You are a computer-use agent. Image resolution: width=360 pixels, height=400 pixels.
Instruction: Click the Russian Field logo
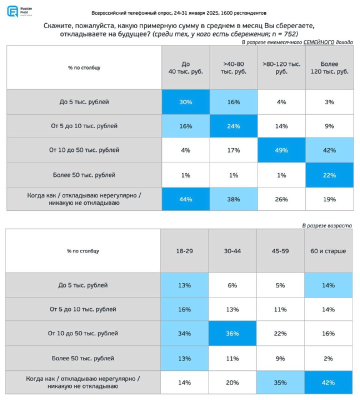pos(19,11)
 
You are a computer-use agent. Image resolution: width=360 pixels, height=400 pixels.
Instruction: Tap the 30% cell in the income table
pos(185,102)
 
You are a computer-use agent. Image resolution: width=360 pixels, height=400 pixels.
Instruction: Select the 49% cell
pos(281,150)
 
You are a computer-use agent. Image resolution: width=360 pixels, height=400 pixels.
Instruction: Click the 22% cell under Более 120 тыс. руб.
pos(329,175)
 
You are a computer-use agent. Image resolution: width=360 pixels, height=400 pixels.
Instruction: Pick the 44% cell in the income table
pos(185,199)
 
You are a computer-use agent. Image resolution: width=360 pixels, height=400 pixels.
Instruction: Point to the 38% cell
pos(233,199)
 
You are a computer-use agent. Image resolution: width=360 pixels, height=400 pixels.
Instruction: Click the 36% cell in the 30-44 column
pos(232,333)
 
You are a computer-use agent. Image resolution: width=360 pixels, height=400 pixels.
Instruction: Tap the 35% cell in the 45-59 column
pos(280,382)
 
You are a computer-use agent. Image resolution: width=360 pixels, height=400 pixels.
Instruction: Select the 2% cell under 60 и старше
pos(328,358)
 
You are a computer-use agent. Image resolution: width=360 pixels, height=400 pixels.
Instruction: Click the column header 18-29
pos(184,251)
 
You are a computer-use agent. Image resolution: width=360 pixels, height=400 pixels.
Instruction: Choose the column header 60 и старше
pos(328,251)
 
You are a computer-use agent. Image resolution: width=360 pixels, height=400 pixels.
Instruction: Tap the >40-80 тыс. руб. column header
pos(233,67)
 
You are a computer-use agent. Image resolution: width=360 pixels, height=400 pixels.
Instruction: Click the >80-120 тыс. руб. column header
pos(281,67)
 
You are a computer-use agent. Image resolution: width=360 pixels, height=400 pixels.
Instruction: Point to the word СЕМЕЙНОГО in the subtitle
pos(318,42)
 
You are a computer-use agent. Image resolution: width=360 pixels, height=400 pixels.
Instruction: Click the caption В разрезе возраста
pos(327,225)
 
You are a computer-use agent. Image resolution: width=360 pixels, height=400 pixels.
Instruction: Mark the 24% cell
pos(233,126)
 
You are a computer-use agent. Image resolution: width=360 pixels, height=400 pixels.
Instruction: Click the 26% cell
pos(281,199)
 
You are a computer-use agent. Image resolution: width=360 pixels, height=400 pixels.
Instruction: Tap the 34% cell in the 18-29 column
pos(184,333)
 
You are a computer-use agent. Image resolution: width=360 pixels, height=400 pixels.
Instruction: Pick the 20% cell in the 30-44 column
pos(232,382)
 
